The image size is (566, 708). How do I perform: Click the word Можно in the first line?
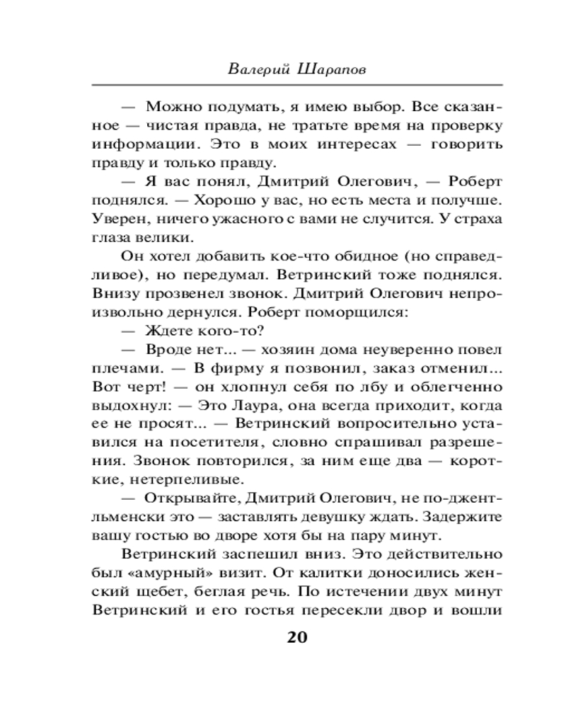170,108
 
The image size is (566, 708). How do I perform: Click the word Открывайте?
186,497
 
